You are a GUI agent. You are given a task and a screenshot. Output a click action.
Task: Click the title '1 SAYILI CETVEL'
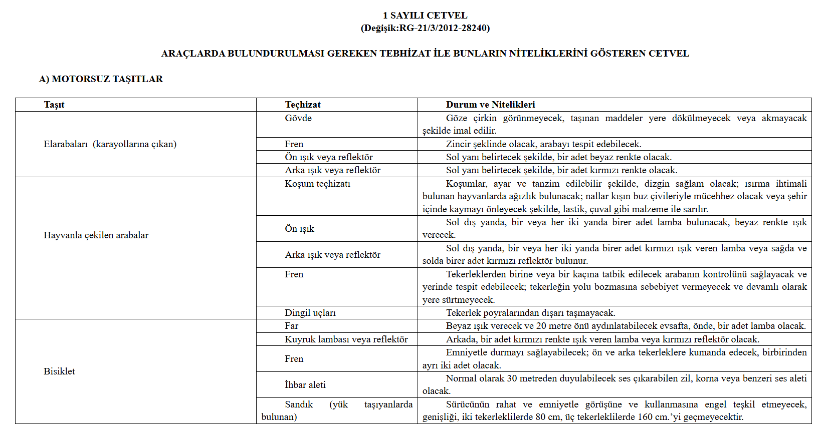[425, 16]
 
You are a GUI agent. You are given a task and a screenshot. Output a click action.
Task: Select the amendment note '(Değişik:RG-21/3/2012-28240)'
[425, 28]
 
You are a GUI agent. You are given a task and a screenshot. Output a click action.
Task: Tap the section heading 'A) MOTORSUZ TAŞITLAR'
[101, 79]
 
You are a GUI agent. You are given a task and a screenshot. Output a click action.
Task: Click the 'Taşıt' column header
[54, 105]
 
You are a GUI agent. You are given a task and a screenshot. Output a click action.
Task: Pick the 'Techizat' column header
[303, 105]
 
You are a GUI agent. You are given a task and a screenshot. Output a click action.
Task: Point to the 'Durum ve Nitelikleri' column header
[490, 105]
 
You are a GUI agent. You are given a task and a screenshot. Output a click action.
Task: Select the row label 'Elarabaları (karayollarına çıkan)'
[110, 144]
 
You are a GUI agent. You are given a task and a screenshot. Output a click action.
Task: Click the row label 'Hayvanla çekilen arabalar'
[96, 235]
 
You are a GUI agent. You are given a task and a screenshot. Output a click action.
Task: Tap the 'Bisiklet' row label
[59, 371]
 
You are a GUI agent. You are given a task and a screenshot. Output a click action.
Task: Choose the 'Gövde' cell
[298, 118]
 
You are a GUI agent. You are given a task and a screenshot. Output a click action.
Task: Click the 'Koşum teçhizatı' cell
[318, 184]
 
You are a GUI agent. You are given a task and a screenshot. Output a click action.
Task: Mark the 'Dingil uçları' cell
[310, 313]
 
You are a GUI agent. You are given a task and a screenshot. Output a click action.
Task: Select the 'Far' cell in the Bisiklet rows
[292, 326]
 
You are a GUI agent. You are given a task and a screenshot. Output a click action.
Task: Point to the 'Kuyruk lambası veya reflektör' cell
[346, 339]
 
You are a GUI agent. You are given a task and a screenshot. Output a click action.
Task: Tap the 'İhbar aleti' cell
[305, 385]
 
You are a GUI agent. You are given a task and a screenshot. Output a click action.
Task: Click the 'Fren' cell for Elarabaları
[294, 144]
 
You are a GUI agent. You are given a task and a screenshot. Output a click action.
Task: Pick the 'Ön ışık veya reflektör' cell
[329, 157]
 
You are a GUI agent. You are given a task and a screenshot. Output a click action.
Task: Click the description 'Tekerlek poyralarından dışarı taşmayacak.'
[530, 313]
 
